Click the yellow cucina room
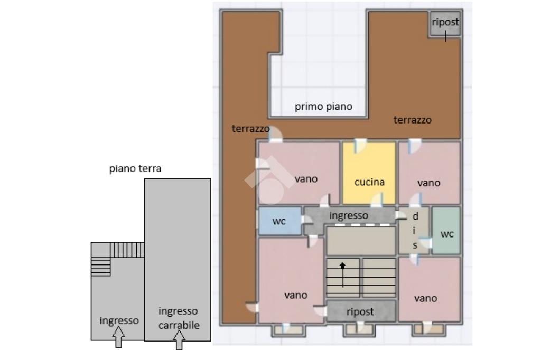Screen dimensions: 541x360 369,173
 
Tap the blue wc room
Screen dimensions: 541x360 280,221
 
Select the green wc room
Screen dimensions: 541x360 446,230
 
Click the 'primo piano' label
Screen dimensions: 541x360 324,107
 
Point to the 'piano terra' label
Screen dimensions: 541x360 135,168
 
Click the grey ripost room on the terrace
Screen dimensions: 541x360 445,23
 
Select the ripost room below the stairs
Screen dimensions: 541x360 361,311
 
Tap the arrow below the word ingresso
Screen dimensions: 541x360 118,337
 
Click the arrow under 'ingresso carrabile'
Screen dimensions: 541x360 179,339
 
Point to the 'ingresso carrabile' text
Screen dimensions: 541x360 179,318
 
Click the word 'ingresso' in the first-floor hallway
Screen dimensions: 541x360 349,215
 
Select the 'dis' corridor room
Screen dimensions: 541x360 414,230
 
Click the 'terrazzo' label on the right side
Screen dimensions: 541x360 412,120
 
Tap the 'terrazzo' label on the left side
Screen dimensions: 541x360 250,129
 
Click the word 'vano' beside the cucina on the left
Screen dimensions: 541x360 306,179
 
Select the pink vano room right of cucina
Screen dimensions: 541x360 430,173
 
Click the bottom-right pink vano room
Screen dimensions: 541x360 430,289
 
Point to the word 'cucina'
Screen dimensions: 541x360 369,182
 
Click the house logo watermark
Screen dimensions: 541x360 270,181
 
